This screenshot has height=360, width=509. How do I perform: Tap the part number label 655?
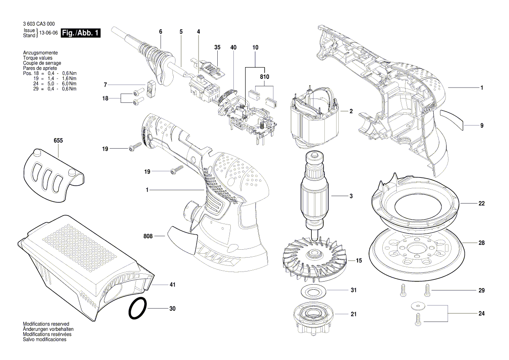[x=58, y=141]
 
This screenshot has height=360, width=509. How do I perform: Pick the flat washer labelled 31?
[x=312, y=291]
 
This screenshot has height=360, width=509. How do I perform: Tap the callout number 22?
[x=482, y=204]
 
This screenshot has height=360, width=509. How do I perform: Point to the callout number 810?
[x=264, y=77]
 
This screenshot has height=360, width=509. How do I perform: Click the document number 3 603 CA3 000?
[x=38, y=24]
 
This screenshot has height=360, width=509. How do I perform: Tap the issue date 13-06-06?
[x=48, y=34]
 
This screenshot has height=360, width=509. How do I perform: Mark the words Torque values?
[x=37, y=58]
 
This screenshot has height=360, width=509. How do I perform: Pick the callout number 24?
[x=482, y=313]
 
